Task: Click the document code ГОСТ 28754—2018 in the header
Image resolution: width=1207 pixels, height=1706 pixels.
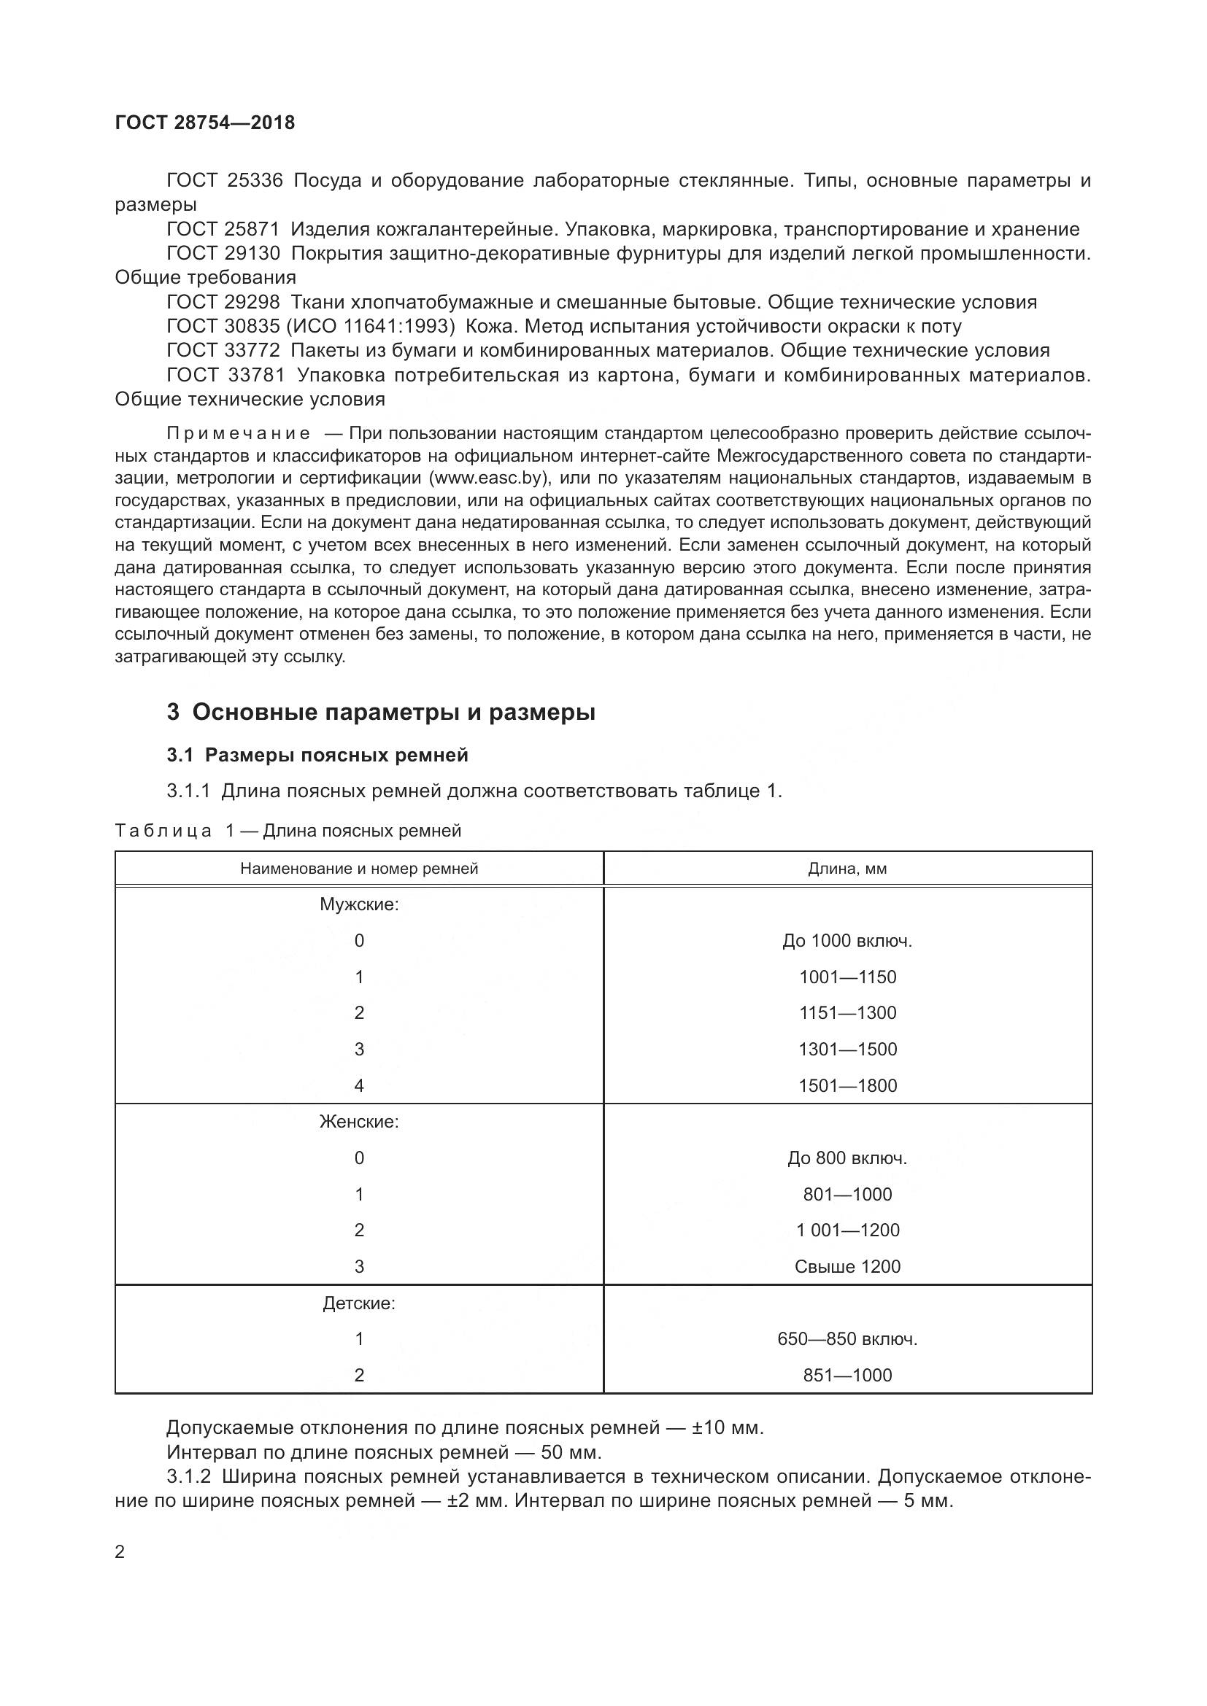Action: point(204,123)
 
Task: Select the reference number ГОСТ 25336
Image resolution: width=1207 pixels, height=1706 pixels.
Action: point(225,181)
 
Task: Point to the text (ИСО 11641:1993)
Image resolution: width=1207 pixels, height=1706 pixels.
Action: point(370,326)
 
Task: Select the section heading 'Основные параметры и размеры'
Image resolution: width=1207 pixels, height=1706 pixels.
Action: point(393,713)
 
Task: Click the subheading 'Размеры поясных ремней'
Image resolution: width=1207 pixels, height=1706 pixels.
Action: point(336,756)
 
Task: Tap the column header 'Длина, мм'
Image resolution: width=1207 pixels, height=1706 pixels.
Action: point(847,869)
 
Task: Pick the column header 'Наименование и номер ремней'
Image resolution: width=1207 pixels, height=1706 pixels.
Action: point(359,869)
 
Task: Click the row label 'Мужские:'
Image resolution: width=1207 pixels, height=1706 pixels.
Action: point(359,905)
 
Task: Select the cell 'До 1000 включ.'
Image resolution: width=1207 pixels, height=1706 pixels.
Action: point(847,942)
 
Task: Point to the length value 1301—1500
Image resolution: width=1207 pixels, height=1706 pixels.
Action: point(847,1050)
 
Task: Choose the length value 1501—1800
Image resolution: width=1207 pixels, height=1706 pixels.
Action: point(847,1086)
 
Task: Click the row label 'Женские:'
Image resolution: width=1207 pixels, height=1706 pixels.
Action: point(359,1122)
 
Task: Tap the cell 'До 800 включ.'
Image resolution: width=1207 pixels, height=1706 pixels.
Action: point(847,1158)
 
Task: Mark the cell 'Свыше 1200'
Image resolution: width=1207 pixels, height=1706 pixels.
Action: point(847,1267)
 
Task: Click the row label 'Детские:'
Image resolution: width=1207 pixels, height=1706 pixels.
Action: point(359,1303)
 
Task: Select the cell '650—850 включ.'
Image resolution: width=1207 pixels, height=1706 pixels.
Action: point(847,1339)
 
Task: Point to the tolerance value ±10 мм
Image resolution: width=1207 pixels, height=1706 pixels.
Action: point(727,1428)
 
